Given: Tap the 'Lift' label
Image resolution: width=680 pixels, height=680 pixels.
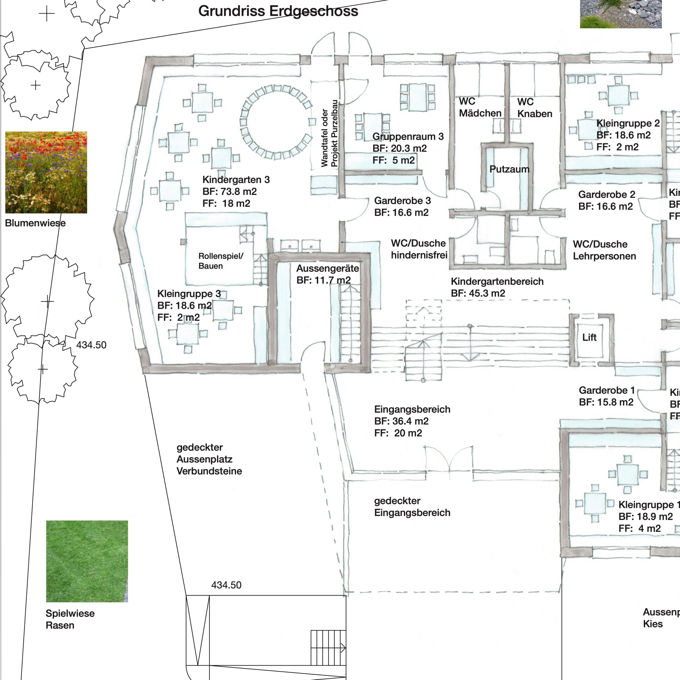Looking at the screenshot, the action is click(x=589, y=338).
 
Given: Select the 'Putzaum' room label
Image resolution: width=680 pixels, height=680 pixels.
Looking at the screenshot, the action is click(x=509, y=169).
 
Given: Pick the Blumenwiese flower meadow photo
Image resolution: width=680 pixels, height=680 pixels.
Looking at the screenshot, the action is click(x=46, y=172).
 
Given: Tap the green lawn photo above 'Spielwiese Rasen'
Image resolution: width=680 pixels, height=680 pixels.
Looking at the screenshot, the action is click(x=87, y=561).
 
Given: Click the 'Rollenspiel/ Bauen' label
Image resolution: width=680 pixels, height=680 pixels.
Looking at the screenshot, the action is click(x=221, y=261).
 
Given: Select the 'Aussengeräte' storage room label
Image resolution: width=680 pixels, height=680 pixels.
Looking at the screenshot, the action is click(x=327, y=269).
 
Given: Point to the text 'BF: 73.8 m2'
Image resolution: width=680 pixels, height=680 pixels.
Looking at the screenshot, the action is click(x=229, y=191).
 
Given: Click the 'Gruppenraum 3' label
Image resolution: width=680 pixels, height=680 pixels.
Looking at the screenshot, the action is click(x=408, y=137).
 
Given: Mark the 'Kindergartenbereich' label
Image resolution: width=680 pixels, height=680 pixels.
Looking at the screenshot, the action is click(x=497, y=282).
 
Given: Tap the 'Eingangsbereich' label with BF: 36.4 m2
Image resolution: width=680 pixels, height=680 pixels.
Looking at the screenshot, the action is click(x=412, y=409).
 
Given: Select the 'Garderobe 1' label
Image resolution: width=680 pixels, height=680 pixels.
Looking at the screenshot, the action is click(x=607, y=390).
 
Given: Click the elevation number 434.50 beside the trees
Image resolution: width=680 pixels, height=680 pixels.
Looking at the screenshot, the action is click(x=91, y=345).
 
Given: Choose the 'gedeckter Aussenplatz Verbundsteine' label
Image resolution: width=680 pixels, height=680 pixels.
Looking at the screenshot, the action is click(x=209, y=459).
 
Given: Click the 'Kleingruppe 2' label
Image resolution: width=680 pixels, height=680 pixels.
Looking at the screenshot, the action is click(x=628, y=124).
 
